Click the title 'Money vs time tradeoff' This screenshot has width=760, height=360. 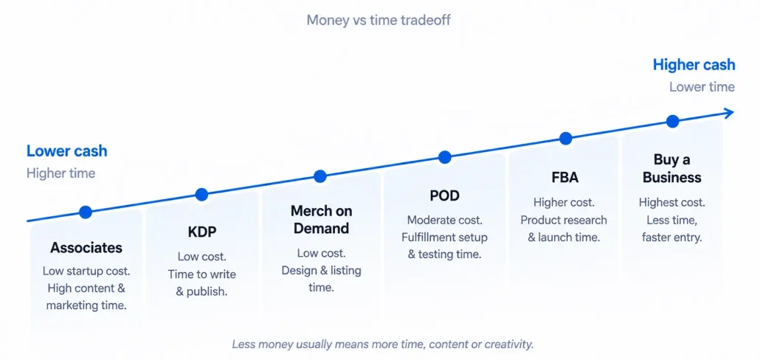[379, 21]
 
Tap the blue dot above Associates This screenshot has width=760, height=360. [86, 212]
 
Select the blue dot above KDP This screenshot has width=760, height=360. [201, 195]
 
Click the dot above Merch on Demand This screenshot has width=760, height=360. [320, 176]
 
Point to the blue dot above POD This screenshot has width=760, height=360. [444, 157]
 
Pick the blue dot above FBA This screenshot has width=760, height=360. [565, 139]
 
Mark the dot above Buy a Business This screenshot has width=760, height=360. [672, 121]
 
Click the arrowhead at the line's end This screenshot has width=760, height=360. [728, 113]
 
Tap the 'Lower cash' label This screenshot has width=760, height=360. [67, 150]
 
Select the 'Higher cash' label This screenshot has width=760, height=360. [694, 65]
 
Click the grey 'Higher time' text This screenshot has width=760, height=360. [61, 173]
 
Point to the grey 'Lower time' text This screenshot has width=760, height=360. [702, 87]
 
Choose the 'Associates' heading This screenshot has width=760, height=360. [86, 248]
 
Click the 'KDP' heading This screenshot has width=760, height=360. [202, 232]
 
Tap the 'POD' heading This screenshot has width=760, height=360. [444, 195]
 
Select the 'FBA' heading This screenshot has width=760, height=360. [565, 177]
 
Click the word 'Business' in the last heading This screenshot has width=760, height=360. [671, 177]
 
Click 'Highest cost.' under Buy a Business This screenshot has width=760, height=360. [671, 203]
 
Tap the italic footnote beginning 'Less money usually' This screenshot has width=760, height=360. [382, 345]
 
